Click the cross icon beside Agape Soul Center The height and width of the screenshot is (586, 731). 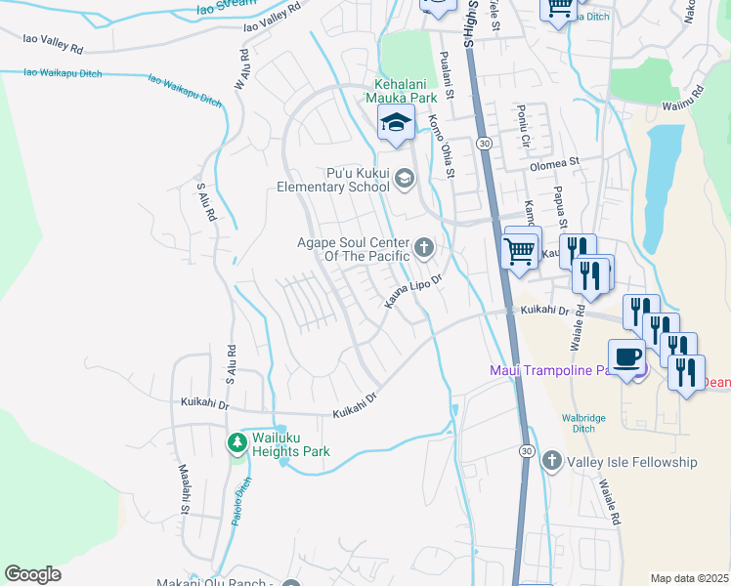pyautogui.click(x=424, y=247)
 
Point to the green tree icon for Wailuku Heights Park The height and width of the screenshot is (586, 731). pyautogui.click(x=236, y=444)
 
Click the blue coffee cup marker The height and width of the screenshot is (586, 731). pyautogui.click(x=626, y=356)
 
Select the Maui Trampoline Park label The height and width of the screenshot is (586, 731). pyautogui.click(x=557, y=369)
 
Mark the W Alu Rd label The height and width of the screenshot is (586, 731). pyautogui.click(x=241, y=69)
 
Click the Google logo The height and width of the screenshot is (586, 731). pyautogui.click(x=33, y=574)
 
